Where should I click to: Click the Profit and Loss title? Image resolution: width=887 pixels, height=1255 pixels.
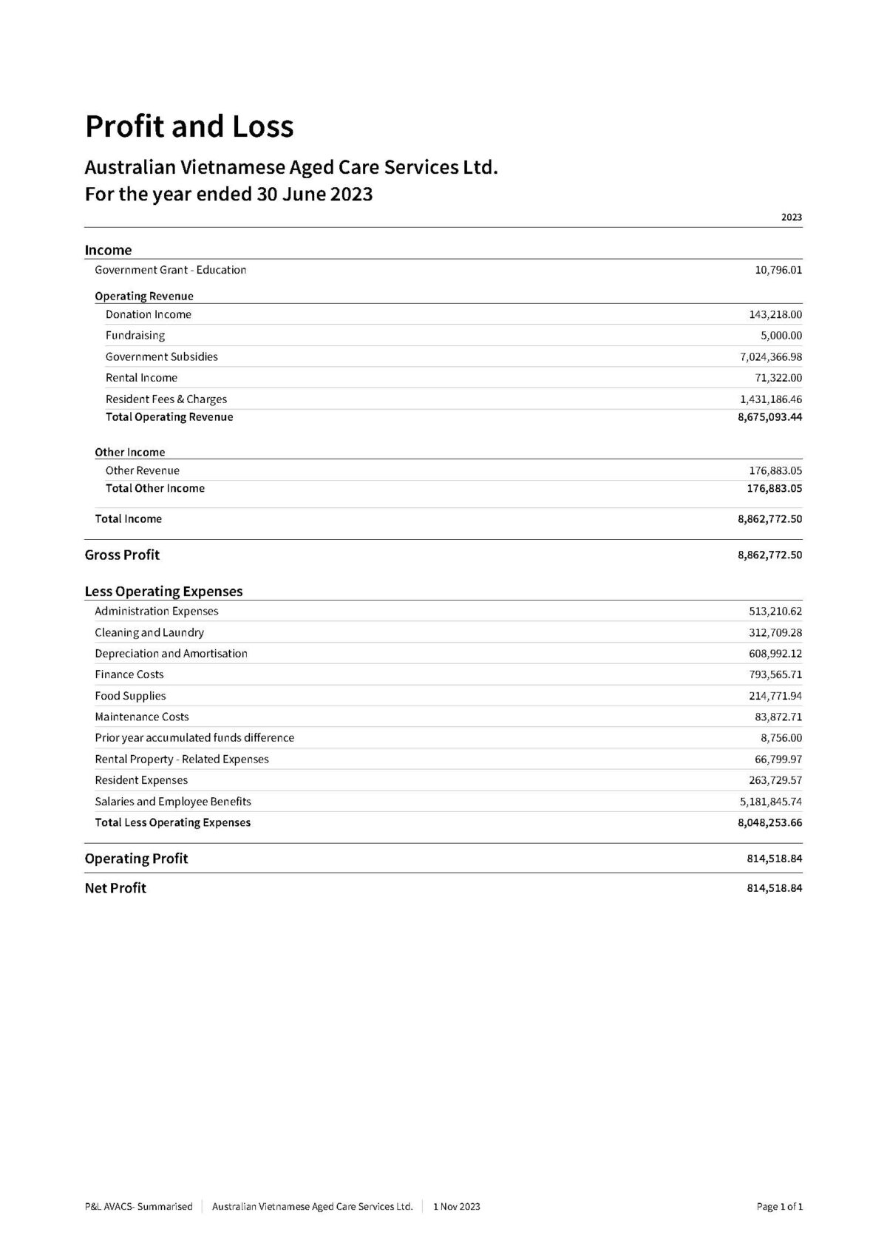[x=189, y=126]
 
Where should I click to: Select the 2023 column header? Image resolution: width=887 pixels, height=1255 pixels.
[x=791, y=217]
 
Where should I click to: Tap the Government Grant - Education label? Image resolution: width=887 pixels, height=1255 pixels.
[x=170, y=270]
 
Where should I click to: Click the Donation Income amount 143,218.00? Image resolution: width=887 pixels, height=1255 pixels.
[x=775, y=314]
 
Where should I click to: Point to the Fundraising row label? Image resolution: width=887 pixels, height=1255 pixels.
[x=135, y=335]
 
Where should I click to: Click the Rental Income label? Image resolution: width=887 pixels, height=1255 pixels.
[x=141, y=378]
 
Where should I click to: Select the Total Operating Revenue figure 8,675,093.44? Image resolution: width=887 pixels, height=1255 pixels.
[x=769, y=417]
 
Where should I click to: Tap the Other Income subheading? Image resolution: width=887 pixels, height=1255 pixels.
[x=129, y=453]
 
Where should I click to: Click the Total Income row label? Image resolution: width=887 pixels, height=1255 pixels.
[x=128, y=519]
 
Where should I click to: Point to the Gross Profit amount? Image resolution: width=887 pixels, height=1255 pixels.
[x=769, y=555]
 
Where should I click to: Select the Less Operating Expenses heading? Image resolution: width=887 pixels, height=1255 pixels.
[x=163, y=592]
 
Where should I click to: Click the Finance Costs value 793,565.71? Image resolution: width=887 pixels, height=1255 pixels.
[x=775, y=674]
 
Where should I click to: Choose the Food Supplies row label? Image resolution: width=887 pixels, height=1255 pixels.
[x=130, y=696]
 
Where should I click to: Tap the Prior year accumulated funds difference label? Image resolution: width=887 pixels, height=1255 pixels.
[x=194, y=738]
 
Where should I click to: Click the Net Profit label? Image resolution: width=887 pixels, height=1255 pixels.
[x=115, y=888]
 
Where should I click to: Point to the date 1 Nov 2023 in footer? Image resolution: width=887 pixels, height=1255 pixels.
[x=456, y=1207]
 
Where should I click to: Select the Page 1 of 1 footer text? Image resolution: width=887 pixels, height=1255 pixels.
[x=779, y=1207]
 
